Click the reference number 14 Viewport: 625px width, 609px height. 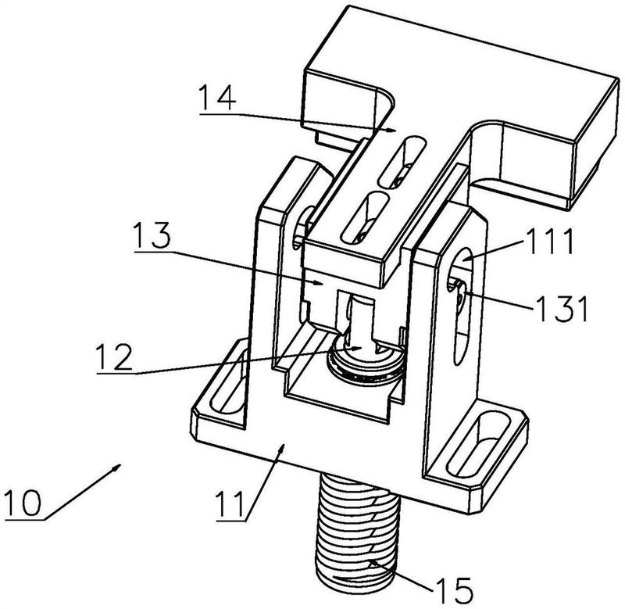[217, 98]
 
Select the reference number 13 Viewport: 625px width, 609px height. [152, 235]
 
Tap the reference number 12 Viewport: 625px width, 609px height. [114, 357]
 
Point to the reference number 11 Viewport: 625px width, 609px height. [230, 504]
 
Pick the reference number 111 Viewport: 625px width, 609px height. [550, 242]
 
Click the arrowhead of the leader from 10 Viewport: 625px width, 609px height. [116, 466]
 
